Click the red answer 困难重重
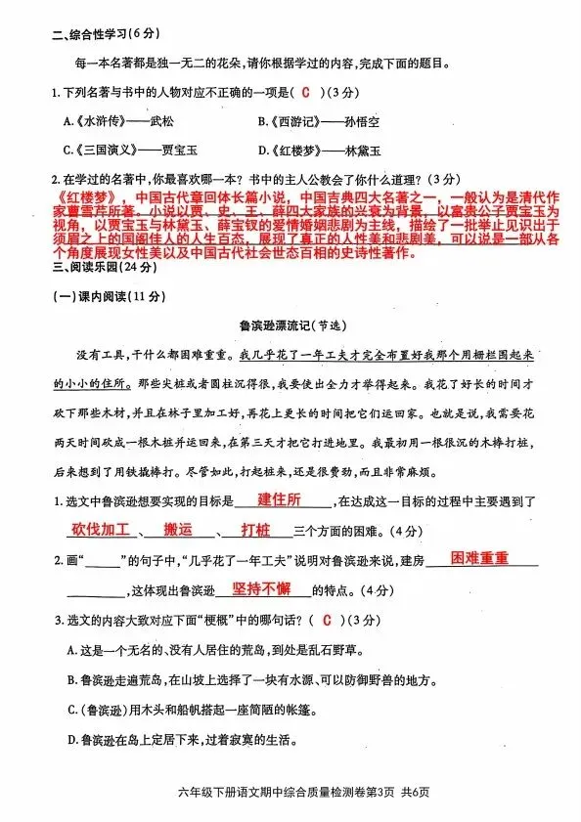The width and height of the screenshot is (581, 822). coord(480,558)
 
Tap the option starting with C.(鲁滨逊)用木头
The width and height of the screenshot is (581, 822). coord(215,709)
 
